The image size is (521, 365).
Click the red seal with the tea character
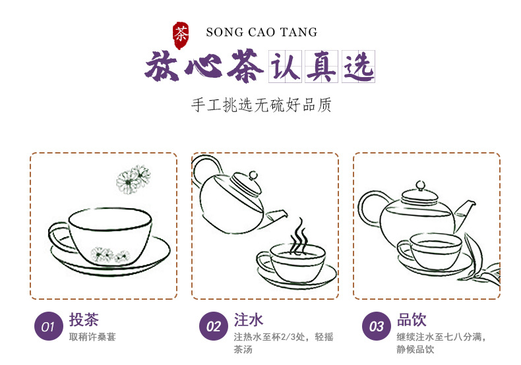(x=181, y=35)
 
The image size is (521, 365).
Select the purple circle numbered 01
(x=49, y=326)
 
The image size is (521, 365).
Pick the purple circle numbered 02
(x=213, y=326)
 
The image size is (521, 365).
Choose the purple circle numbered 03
(x=377, y=326)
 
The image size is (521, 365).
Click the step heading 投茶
(x=84, y=320)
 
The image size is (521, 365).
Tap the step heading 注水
(x=249, y=320)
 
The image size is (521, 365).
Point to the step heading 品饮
(x=412, y=320)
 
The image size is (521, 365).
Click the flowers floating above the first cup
(x=133, y=179)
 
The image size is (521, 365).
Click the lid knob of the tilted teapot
(x=253, y=175)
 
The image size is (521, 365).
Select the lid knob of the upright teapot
(x=420, y=185)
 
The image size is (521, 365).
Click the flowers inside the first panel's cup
(x=110, y=255)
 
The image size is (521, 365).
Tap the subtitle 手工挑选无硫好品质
(x=261, y=105)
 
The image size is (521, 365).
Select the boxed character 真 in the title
(x=321, y=67)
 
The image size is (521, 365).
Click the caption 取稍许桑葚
(x=92, y=337)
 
